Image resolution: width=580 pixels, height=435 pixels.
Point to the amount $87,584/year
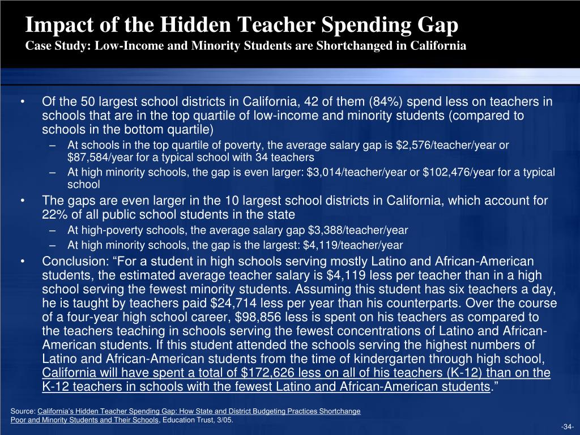[x=100, y=157]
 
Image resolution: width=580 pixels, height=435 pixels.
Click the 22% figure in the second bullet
[x=55, y=215]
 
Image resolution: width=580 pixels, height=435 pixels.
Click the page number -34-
[x=567, y=427]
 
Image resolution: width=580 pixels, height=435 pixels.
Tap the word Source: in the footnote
[x=23, y=411]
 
